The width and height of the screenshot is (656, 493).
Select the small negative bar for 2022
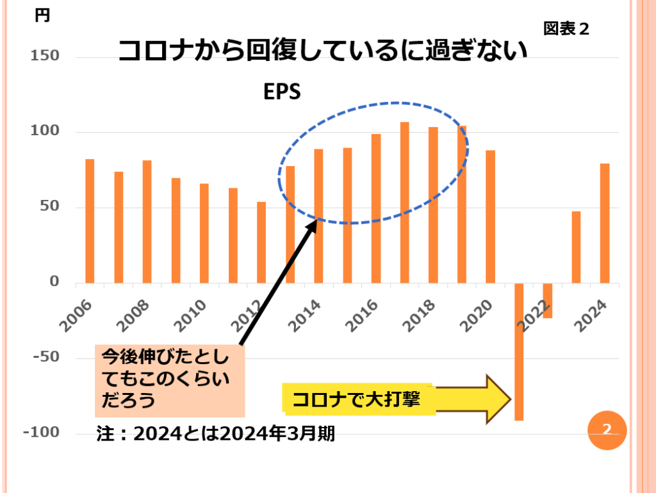(x=547, y=300)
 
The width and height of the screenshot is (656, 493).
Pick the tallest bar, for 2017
(x=404, y=203)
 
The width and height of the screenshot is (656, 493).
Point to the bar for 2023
(x=576, y=247)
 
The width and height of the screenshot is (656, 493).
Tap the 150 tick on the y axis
(x=44, y=56)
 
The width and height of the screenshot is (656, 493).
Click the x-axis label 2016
(x=363, y=313)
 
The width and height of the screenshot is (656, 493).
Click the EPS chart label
(x=282, y=92)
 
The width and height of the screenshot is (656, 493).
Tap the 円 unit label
(x=42, y=16)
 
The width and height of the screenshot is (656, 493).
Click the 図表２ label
(x=566, y=29)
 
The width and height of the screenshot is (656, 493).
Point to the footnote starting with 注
(x=215, y=433)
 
